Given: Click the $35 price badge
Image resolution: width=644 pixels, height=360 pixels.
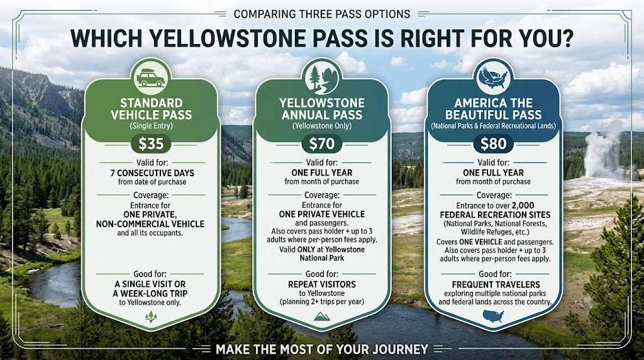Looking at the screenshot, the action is click(151, 143).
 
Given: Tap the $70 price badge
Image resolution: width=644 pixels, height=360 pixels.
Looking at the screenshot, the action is click(322, 143).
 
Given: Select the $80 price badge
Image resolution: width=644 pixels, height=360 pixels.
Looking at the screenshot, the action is click(493, 143).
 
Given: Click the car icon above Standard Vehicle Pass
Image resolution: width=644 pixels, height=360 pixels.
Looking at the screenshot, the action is click(151, 77).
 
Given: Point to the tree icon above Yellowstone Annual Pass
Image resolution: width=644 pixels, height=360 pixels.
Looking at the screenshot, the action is click(321, 78).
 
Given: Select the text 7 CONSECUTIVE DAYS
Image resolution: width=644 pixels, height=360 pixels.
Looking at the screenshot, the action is click(152, 173).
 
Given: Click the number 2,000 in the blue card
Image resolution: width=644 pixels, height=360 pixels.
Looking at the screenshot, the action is click(523, 205).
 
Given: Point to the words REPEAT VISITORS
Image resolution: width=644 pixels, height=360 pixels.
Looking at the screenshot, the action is click(322, 284).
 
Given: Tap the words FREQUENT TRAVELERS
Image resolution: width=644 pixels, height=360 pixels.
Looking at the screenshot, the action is click(496, 284).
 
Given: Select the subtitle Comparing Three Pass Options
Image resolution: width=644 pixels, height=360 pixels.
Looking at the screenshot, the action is click(322, 14).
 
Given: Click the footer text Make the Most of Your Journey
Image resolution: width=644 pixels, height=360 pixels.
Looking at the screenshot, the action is click(322, 349).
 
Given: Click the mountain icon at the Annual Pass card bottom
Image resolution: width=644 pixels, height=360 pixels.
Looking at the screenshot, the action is click(321, 316).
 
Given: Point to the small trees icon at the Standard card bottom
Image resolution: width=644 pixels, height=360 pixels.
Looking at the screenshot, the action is click(151, 317).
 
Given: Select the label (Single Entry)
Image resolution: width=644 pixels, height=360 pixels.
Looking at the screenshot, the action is click(151, 126).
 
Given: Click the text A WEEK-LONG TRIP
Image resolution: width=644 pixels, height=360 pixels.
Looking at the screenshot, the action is click(150, 293).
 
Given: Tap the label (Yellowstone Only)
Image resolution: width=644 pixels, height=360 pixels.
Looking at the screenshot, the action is click(322, 126).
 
